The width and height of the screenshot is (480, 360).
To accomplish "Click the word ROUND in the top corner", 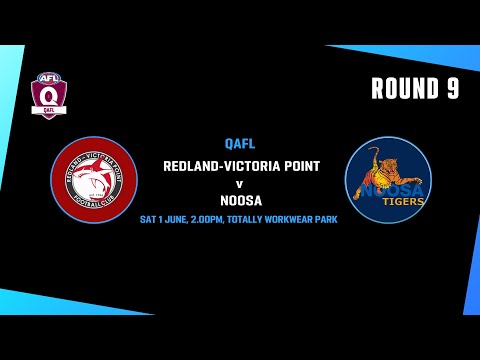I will tap(404, 89).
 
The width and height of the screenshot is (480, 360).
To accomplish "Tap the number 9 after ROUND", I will tap(452, 89).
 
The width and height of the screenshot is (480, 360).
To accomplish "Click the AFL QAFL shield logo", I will tap(46, 95).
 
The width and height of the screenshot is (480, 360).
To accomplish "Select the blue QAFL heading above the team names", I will tap(240, 143).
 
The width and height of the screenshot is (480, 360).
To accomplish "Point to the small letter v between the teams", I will tap(240, 183).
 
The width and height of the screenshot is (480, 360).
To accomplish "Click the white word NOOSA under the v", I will tap(240, 199).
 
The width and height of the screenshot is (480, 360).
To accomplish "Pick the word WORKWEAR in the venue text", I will tap(300, 218).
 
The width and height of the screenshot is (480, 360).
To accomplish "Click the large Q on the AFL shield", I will tap(46, 97).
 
